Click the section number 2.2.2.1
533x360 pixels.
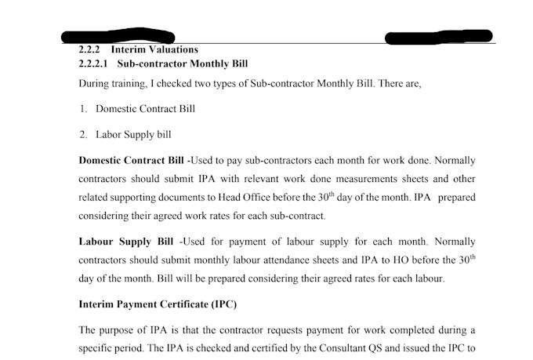[94, 63]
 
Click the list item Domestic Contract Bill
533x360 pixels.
[145, 109]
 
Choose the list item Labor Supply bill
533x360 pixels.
[133, 134]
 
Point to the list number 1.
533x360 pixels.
[82, 109]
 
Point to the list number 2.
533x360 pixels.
[82, 134]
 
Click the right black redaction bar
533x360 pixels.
[439, 36]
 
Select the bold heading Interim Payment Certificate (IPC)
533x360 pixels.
[158, 304]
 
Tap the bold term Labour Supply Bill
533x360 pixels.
[128, 242]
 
